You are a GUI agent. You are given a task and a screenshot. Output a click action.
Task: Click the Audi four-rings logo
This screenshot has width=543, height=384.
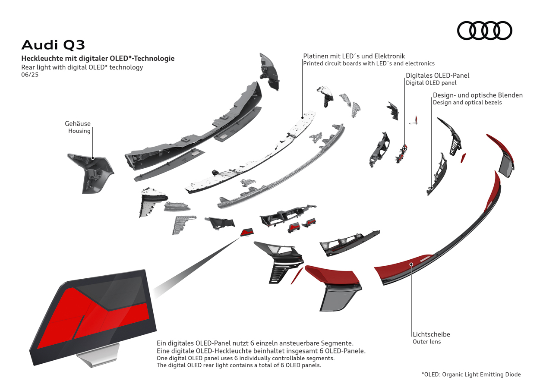click(x=484, y=31)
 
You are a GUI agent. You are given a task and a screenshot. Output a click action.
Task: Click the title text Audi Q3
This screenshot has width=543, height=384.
click(x=53, y=45)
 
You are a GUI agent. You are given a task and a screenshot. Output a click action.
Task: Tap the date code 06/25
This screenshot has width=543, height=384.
click(x=30, y=74)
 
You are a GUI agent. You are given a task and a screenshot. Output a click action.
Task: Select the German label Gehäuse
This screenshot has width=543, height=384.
click(x=78, y=124)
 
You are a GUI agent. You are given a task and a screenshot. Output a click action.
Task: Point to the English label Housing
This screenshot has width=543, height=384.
click(x=79, y=131)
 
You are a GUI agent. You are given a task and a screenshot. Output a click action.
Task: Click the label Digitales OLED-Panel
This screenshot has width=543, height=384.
click(x=437, y=76)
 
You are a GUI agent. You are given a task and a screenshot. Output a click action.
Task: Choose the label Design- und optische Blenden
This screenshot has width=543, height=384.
click(x=478, y=95)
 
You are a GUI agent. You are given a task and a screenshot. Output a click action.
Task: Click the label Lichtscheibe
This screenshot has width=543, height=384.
click(x=431, y=334)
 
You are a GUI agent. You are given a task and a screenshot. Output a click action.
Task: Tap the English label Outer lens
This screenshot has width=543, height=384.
click(x=427, y=342)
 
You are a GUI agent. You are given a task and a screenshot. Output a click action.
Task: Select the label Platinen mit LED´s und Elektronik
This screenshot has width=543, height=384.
click(x=354, y=56)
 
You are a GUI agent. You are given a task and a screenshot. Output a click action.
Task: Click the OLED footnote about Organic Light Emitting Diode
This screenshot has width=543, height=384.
click(x=471, y=375)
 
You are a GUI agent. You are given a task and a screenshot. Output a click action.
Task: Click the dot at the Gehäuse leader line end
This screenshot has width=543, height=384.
click(x=92, y=158)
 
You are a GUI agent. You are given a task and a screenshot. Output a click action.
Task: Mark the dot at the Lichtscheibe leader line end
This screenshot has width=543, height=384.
click(x=411, y=264)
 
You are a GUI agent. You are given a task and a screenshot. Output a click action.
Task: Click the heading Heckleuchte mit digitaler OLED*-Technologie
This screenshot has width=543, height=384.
click(x=98, y=59)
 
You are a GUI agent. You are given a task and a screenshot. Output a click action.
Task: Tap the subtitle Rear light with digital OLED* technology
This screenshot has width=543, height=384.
click(x=82, y=67)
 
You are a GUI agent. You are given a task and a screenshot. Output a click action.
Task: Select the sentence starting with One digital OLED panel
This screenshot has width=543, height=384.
click(x=246, y=359)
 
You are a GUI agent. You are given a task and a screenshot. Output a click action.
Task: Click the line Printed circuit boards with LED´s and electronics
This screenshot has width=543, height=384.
click(x=369, y=63)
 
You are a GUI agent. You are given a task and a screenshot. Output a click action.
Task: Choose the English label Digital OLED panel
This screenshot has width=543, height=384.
click(x=431, y=83)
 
